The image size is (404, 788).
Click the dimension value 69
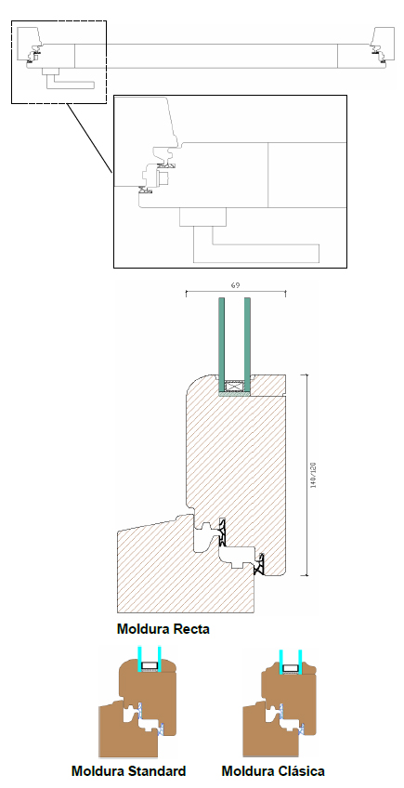(235, 285)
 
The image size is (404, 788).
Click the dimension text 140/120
(313, 475)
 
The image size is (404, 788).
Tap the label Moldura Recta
(163, 629)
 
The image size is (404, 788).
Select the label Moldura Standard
(129, 771)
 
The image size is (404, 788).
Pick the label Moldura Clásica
(273, 771)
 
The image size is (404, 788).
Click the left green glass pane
(222, 345)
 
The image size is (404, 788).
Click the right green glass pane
(247, 345)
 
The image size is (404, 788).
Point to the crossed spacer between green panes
(234, 387)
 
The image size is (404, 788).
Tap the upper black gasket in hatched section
(223, 532)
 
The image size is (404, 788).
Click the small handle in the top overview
(70, 81)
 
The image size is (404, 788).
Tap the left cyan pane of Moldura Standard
(140, 660)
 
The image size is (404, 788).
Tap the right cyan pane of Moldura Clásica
(300, 662)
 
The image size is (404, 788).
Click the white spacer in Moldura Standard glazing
(150, 666)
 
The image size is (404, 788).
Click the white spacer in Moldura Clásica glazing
(290, 668)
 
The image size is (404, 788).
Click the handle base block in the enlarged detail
(203, 217)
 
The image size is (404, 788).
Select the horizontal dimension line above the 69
(236, 292)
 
